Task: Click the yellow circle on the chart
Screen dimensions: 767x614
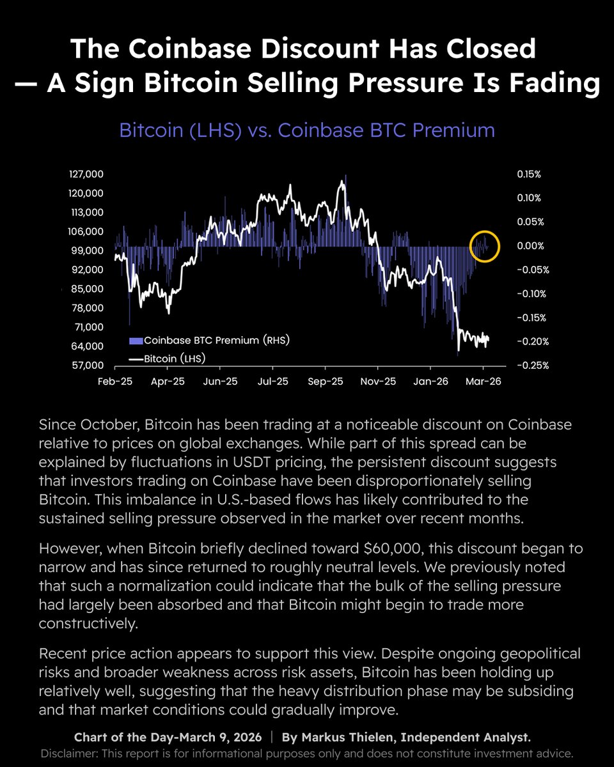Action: point(484,246)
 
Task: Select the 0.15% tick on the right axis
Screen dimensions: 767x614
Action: point(528,174)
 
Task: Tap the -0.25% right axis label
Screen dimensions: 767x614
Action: point(531,366)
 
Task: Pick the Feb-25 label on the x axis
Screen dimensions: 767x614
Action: point(115,381)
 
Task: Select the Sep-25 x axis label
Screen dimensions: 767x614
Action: point(325,381)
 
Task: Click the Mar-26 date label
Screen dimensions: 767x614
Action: point(483,381)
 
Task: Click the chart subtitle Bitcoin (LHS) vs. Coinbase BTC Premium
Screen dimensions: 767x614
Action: point(307,130)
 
